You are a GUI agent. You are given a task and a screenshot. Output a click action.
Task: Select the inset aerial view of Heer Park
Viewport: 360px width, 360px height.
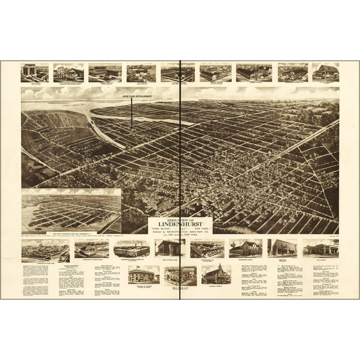(x=71, y=210)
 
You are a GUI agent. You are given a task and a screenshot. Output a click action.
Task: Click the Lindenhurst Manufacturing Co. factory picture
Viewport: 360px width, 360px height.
(x=132, y=248)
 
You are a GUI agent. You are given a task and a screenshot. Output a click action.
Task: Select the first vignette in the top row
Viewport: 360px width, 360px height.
(x=34, y=71)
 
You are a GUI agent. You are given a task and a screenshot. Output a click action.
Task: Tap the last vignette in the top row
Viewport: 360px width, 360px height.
(x=325, y=71)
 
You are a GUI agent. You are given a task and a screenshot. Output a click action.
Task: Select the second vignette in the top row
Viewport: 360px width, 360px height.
(x=69, y=71)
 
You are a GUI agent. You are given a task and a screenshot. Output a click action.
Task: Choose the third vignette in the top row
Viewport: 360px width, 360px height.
(x=105, y=71)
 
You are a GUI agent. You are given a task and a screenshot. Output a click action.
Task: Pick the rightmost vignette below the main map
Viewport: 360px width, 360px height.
(x=320, y=247)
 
